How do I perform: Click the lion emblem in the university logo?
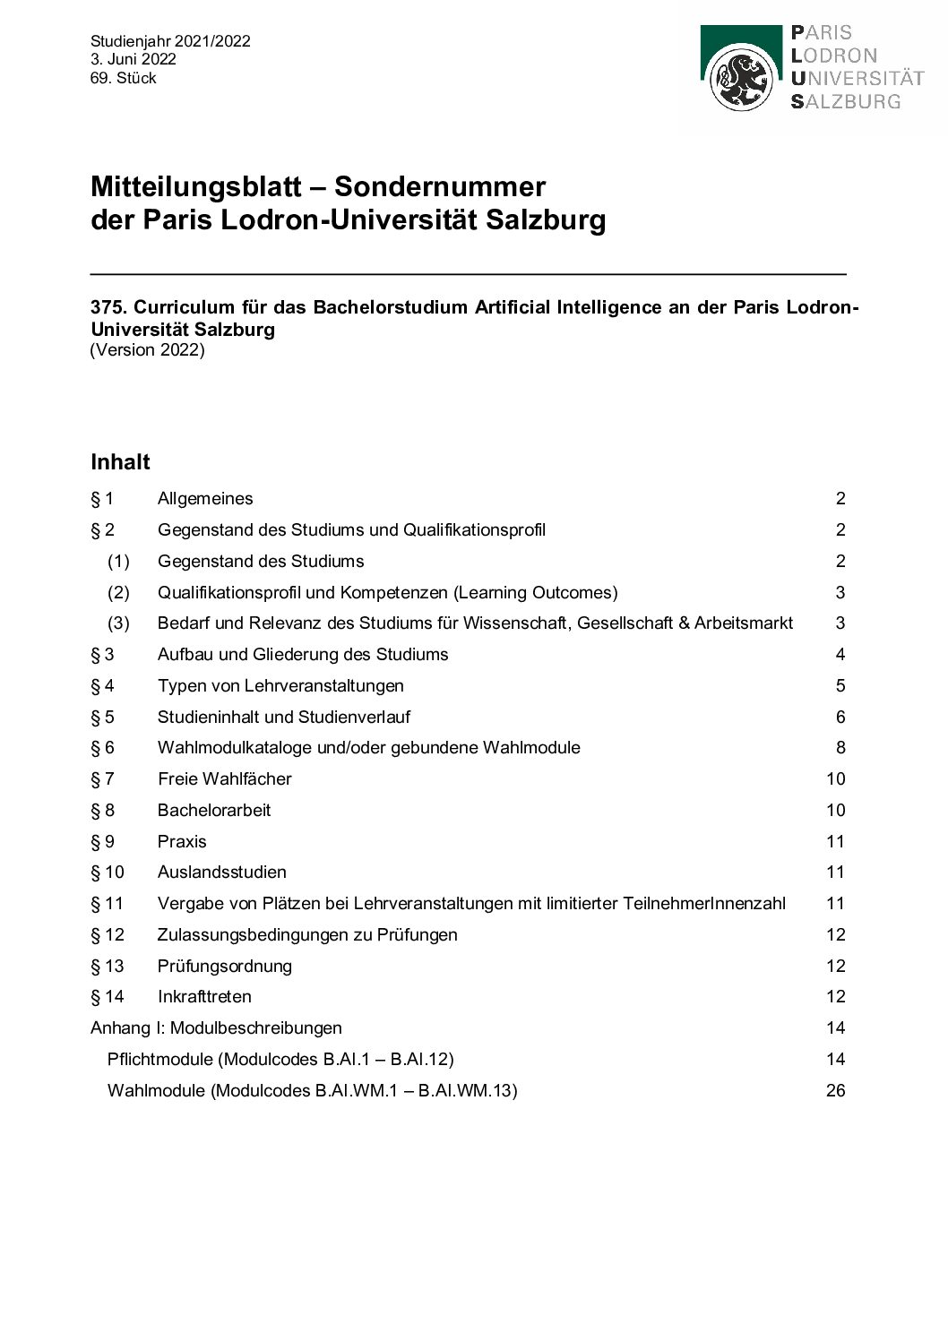coord(740,80)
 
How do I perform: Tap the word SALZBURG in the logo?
coord(845,101)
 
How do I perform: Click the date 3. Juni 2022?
coord(133,59)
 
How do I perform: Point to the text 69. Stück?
coord(123,78)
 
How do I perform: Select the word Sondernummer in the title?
coord(439,186)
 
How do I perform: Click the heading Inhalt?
coord(120,462)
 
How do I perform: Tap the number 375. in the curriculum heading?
coord(108,307)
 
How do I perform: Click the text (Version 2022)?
coord(147,349)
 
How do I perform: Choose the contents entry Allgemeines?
coord(205,499)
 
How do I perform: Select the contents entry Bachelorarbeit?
coord(214,810)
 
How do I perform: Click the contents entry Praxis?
coord(182,841)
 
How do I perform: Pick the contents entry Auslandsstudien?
coord(222,872)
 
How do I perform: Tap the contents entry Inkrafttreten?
coord(204,996)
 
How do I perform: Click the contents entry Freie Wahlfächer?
coord(225,778)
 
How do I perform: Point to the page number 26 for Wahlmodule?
coord(835,1090)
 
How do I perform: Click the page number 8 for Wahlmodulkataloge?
coord(840,747)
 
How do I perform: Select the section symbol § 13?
coord(108,966)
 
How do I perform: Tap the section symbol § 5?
coord(102,717)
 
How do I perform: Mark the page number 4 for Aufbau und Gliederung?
coord(840,654)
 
